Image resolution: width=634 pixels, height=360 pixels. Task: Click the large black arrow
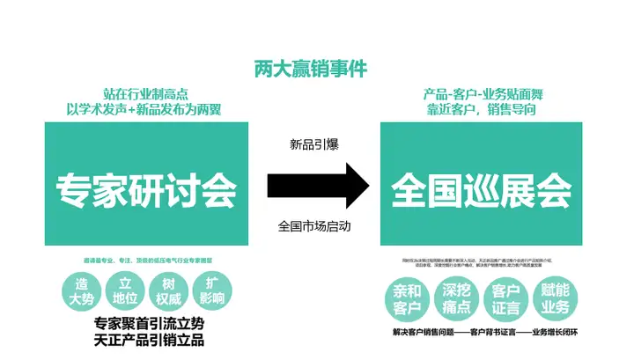[x=317, y=185]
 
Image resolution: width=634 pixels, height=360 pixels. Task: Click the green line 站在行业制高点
[x=146, y=94]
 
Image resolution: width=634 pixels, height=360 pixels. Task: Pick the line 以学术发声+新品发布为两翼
[x=146, y=110]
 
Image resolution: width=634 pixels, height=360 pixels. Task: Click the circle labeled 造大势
[x=82, y=291]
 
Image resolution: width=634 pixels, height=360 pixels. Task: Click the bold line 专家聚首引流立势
[x=146, y=322]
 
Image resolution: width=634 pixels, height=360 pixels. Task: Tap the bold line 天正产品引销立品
[x=146, y=339]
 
